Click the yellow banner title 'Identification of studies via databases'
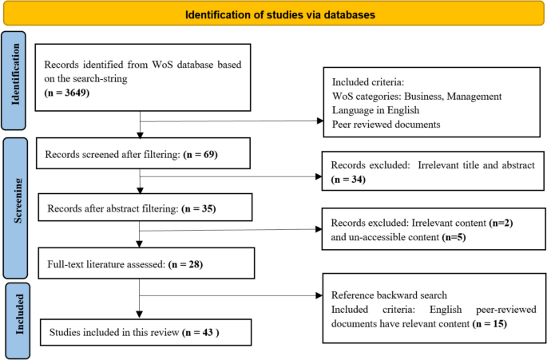coord(280,14)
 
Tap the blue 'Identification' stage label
coord(15,74)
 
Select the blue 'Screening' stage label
coord(18,201)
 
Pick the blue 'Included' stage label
coord(19,314)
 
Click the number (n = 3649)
coord(66,93)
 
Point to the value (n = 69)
coord(200,154)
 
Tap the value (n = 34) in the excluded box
coord(348,180)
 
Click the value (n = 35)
coord(199,208)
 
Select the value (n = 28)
coord(185,264)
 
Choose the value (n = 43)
coord(200,332)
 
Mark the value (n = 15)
coord(490,324)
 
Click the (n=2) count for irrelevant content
coord(501,223)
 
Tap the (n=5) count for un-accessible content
coord(454,237)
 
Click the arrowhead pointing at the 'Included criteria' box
coord(320,121)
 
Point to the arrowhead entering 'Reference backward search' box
coord(319,295)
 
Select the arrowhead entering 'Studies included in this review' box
coord(139,315)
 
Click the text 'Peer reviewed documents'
coord(386,125)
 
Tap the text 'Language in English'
coord(375,110)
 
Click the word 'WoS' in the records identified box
coord(163,65)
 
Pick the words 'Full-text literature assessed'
coord(106,264)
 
